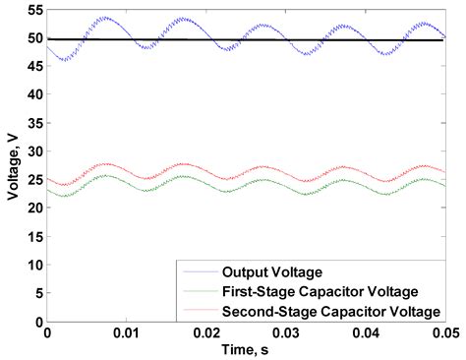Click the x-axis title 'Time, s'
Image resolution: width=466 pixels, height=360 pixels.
(246, 351)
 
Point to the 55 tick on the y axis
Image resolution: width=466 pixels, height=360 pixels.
(34, 10)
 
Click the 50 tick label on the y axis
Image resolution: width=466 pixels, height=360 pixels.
(34, 38)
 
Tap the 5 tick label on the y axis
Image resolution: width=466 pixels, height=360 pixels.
(37, 293)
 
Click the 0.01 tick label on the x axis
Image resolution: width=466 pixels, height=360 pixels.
(127, 334)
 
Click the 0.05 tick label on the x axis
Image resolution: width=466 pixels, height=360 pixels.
(442, 334)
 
